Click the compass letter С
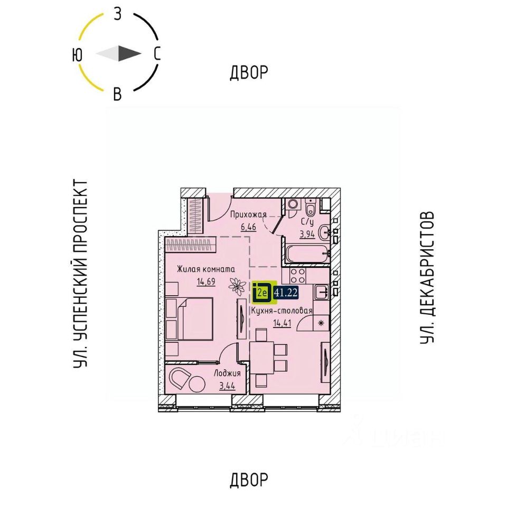click(x=157, y=54)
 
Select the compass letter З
click(x=118, y=14)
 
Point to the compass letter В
click(x=118, y=95)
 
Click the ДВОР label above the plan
click(x=249, y=73)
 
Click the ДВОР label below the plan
click(x=249, y=480)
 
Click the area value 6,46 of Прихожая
click(x=248, y=227)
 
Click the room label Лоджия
click(x=227, y=372)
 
